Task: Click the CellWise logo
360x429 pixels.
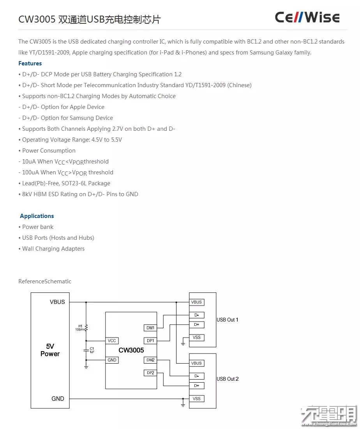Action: point(307,18)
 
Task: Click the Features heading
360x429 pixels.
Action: point(30,63)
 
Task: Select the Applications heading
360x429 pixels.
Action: point(37,216)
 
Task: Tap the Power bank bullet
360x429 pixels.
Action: point(37,227)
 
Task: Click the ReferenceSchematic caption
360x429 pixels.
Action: point(45,281)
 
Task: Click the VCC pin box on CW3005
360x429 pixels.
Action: point(112,341)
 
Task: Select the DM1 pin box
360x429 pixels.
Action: point(150,328)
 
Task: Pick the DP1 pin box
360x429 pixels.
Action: point(150,341)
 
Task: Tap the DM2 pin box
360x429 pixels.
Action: point(150,360)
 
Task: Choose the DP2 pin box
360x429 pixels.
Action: point(150,373)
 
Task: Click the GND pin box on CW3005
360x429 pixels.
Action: point(112,360)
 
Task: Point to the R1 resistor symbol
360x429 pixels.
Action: point(86,328)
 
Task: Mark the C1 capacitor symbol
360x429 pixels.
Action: point(86,351)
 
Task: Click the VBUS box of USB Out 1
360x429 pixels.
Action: point(196,302)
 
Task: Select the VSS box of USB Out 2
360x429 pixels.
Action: point(196,399)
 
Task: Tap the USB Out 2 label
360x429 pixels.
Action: point(228,379)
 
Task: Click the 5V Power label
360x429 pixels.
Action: point(50,350)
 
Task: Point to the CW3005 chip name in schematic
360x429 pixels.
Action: point(131,350)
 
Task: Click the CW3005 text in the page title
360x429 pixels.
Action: point(37,19)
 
